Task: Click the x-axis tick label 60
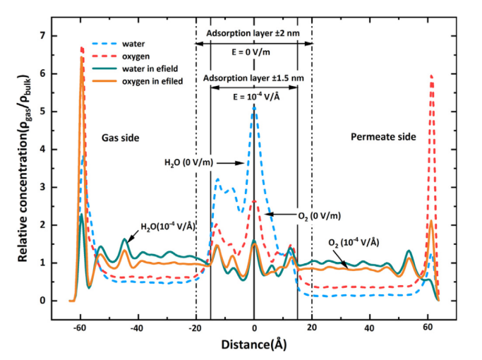pyautogui.click(x=428, y=328)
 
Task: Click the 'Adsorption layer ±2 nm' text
pyautogui.click(x=253, y=33)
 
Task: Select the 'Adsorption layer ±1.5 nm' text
pyautogui.click(x=253, y=77)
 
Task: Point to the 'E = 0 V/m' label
pyautogui.click(x=253, y=51)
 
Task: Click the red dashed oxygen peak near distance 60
pyautogui.click(x=430, y=76)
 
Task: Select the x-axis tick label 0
pyautogui.click(x=254, y=328)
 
